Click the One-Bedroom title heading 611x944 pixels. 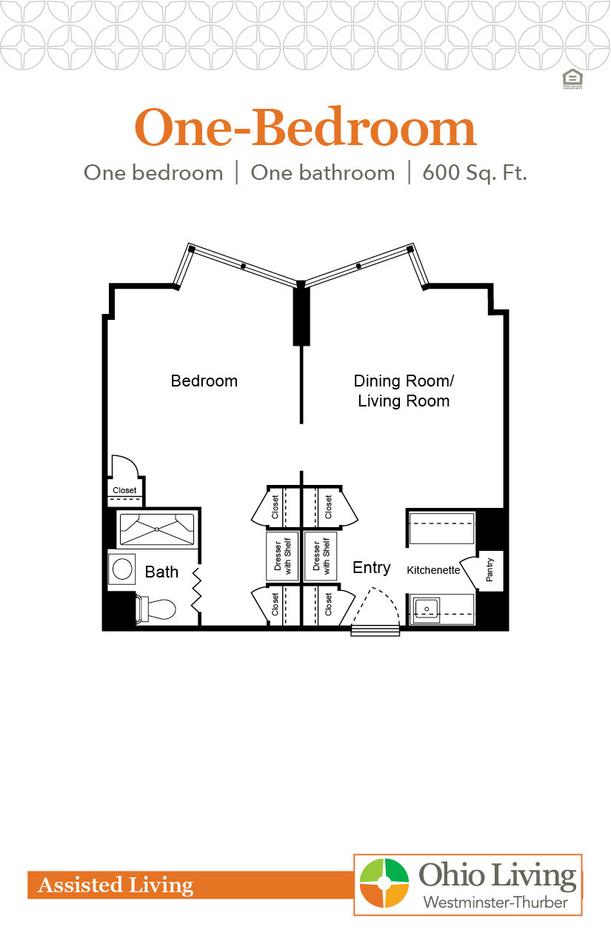(x=304, y=128)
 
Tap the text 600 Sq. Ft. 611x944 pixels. (x=474, y=173)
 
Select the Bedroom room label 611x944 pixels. (x=204, y=381)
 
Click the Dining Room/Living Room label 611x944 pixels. (x=403, y=391)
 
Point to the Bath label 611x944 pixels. (x=161, y=572)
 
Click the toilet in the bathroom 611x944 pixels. (x=157, y=609)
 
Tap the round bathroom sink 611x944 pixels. (x=122, y=569)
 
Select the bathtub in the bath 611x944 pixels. (x=157, y=529)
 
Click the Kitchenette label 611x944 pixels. (x=433, y=570)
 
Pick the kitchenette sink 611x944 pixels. (x=426, y=609)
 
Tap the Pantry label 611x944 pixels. (x=490, y=570)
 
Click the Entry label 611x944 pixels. (x=371, y=567)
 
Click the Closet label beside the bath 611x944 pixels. (x=124, y=490)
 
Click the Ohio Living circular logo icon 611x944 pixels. (x=384, y=883)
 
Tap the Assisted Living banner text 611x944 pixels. (x=116, y=885)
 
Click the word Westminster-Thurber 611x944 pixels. (x=495, y=903)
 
